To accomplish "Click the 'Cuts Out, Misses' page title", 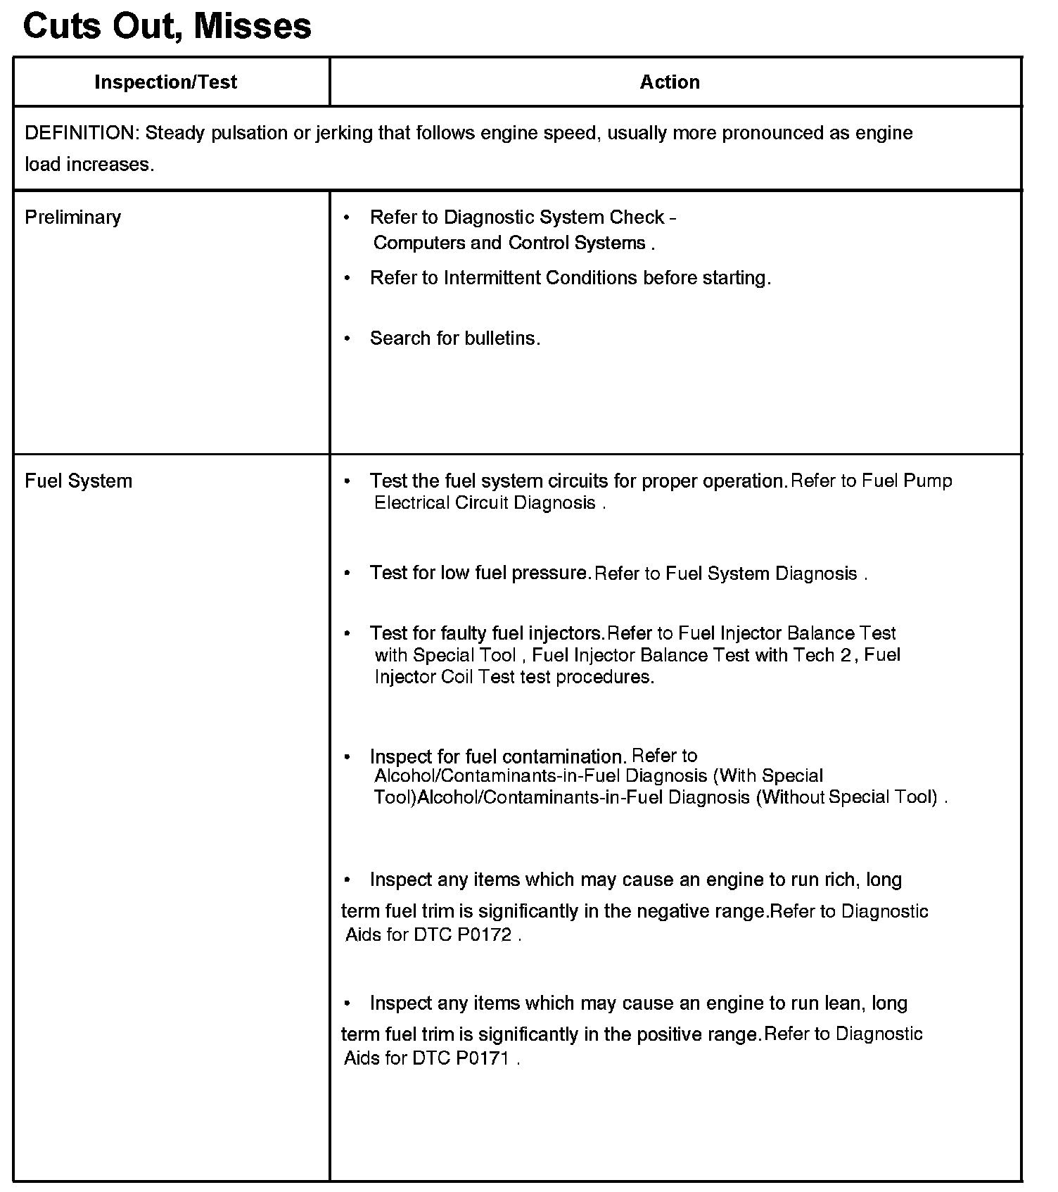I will (x=167, y=26).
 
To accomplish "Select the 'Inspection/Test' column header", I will (x=165, y=82).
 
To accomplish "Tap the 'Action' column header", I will (x=669, y=82).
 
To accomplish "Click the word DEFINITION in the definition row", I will (x=79, y=133).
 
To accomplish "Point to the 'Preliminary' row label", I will (x=72, y=217).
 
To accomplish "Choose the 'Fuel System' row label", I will (x=78, y=481).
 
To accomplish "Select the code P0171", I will (x=482, y=1058).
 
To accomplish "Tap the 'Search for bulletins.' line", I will (x=454, y=338).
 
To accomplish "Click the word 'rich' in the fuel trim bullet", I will (x=839, y=880).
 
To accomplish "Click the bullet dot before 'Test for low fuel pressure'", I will (x=347, y=573).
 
